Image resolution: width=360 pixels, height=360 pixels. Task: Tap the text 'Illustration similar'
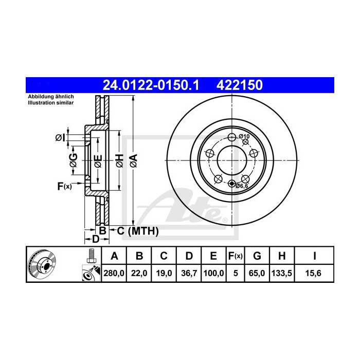point(50,103)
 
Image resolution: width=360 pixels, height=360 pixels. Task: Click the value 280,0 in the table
point(115,274)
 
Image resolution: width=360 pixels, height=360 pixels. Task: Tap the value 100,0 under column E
point(213,274)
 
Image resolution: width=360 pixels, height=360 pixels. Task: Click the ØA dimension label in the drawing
point(133,160)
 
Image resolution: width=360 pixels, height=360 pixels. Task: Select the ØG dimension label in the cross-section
point(74,160)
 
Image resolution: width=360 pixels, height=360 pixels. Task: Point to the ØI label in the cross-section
point(60,137)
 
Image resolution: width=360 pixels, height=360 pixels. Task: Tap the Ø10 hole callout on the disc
point(244,136)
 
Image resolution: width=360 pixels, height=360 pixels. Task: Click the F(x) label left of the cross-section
point(64,186)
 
